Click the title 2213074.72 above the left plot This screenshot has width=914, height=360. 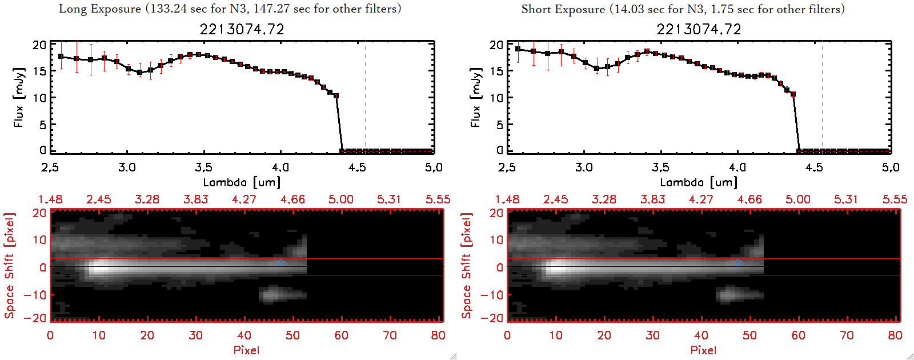242,29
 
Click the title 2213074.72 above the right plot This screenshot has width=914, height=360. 699,29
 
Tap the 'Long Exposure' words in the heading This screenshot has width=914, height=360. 100,9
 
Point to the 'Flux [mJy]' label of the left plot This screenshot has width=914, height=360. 19,97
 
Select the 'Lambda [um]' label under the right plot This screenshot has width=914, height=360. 699,182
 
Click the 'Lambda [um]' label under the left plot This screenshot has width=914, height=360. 242,182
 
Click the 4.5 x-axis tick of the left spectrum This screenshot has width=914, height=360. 357,167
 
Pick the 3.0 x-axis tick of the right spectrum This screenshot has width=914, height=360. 584,167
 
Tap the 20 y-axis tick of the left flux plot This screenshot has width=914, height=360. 39,45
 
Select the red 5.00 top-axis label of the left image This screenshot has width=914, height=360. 340,199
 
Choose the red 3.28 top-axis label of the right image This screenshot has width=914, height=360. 604,199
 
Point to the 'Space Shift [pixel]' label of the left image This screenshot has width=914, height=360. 10,266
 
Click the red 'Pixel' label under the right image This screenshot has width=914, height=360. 703,350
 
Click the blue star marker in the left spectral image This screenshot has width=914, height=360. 280,262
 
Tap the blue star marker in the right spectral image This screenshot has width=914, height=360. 737,262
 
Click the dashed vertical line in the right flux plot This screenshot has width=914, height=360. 822,97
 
